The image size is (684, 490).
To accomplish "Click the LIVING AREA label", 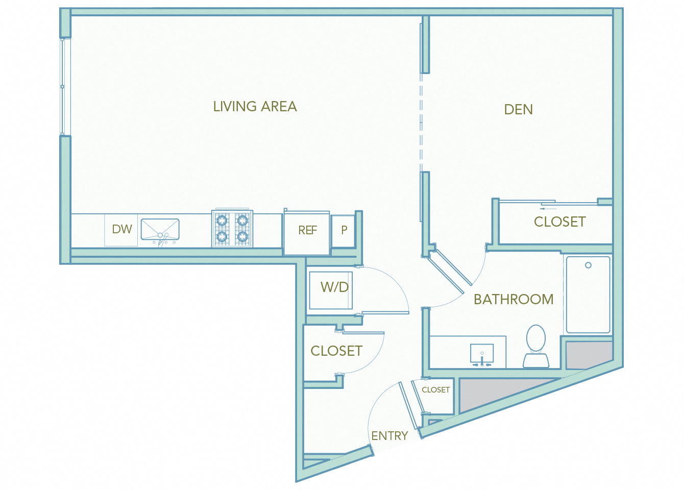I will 255,106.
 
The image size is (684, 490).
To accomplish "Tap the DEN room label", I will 518,109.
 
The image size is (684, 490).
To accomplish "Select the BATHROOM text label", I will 513,299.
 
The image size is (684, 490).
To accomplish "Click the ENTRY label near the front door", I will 389,436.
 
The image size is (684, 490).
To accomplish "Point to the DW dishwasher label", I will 122,229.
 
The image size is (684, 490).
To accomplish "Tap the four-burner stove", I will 232,229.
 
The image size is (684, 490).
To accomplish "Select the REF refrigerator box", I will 307,231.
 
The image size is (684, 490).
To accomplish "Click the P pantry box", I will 344,230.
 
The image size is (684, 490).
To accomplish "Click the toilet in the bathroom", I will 536,345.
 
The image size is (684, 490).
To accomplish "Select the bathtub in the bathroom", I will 588,295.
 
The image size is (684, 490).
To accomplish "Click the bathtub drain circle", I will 588,265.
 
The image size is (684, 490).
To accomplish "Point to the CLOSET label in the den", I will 559,222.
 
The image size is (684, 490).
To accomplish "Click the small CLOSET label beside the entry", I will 435,390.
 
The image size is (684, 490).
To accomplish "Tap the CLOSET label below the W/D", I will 336,351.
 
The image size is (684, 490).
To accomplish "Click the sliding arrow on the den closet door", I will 548,208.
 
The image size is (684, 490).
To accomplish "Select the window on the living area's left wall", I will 63,87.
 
